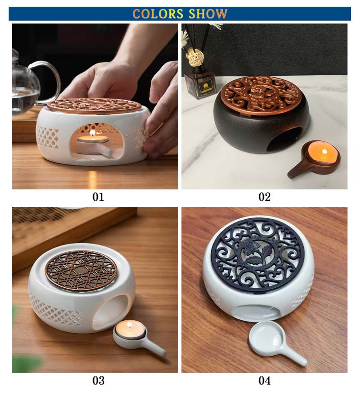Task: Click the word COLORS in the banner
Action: [158, 14]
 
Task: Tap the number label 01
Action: [98, 197]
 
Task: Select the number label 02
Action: [264, 197]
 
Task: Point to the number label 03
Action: [98, 381]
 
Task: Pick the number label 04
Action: [264, 381]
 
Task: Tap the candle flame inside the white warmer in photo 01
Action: [93, 133]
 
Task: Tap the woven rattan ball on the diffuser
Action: [195, 57]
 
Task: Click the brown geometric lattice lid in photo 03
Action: [81, 270]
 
